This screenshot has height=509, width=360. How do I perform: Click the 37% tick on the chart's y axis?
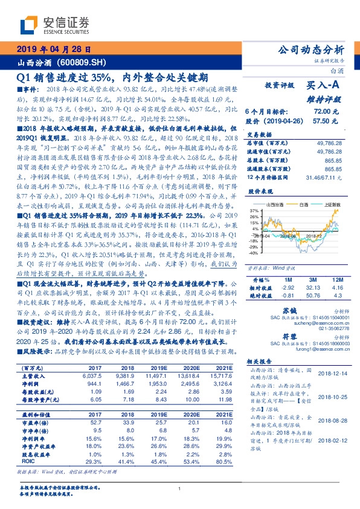pyautogui.click(x=254, y=210)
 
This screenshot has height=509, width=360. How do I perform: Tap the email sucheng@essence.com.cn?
pyautogui.click(x=318, y=324)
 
